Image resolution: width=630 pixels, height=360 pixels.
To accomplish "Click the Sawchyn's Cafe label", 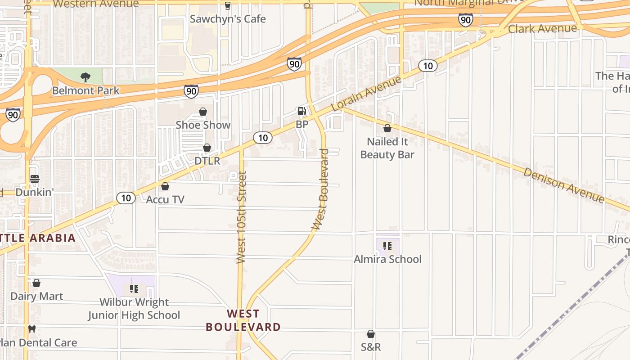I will (228, 19).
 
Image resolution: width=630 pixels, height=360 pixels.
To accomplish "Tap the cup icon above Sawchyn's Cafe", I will (228, 6).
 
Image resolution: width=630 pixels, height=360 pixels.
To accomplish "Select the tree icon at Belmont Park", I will (85, 77).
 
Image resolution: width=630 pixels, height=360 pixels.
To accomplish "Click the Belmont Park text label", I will (86, 90).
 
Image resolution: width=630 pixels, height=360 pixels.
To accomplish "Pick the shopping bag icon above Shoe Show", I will (203, 112).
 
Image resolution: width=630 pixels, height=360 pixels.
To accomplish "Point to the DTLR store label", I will (207, 161).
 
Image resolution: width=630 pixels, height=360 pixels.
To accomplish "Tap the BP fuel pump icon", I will (301, 111).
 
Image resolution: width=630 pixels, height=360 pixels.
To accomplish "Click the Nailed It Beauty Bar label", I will (387, 148).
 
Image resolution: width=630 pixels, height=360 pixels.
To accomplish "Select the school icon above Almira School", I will (387, 246).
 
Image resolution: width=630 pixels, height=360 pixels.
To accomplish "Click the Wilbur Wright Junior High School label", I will (134, 309).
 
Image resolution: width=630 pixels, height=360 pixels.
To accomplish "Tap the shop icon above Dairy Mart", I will (36, 283).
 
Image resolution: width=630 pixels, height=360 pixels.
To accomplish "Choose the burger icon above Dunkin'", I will (35, 179).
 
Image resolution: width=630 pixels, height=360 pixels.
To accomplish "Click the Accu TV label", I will (165, 199).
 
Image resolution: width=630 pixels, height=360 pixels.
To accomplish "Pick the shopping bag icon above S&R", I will (371, 334).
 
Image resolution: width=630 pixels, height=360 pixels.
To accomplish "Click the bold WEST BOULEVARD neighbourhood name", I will (243, 320).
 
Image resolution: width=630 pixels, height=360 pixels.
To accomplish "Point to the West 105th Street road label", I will (242, 217).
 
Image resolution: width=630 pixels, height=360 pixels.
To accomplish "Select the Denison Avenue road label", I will (563, 185).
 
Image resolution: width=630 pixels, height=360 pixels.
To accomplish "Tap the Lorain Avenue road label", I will (366, 94).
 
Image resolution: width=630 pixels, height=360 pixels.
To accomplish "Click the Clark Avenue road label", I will (542, 29).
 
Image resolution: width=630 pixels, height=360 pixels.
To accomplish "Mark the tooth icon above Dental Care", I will (31, 329).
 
